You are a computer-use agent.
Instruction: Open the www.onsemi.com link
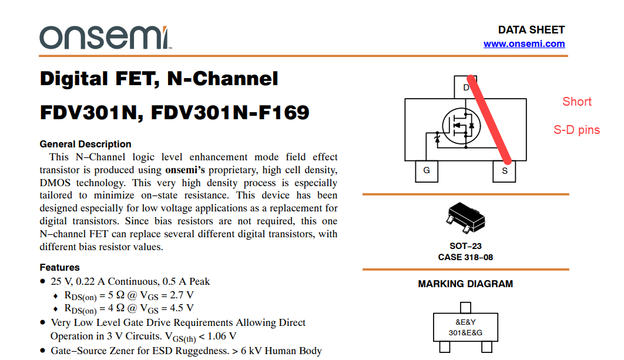click(524, 44)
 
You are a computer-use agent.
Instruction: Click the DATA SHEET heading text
click(531, 30)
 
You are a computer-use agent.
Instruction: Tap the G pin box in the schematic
click(427, 170)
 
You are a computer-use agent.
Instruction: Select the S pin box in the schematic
click(504, 171)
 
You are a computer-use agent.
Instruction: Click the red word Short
click(576, 102)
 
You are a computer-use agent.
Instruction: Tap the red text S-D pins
click(576, 130)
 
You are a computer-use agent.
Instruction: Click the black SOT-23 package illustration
click(466, 220)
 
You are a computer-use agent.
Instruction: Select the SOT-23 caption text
click(465, 246)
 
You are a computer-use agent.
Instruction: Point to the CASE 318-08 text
click(465, 257)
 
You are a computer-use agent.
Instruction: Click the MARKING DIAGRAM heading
click(465, 284)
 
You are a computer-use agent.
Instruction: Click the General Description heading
click(85, 144)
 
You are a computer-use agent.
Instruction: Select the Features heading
click(59, 267)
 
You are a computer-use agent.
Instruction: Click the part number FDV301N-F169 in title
click(230, 112)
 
